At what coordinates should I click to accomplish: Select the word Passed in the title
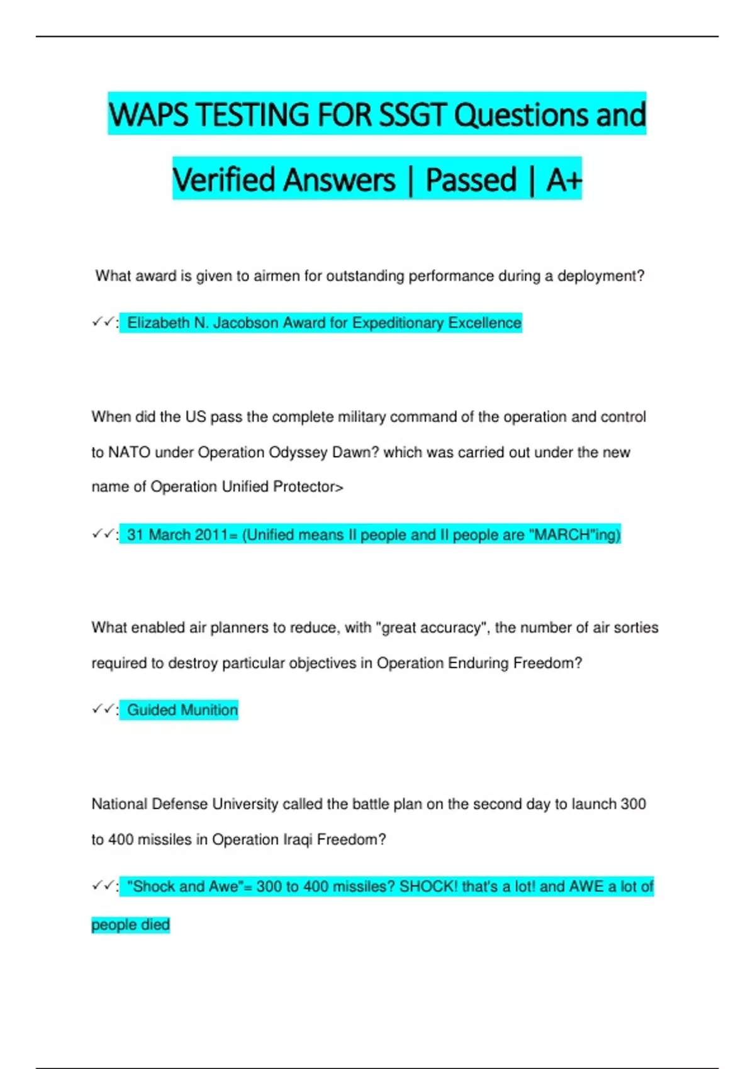click(x=471, y=180)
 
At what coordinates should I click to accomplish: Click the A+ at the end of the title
click(x=564, y=180)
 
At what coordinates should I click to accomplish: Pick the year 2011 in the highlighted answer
click(x=211, y=535)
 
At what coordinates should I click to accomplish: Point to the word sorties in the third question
click(x=635, y=628)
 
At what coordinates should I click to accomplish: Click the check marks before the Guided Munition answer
click(x=103, y=709)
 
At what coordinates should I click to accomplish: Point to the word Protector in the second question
click(x=305, y=487)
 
